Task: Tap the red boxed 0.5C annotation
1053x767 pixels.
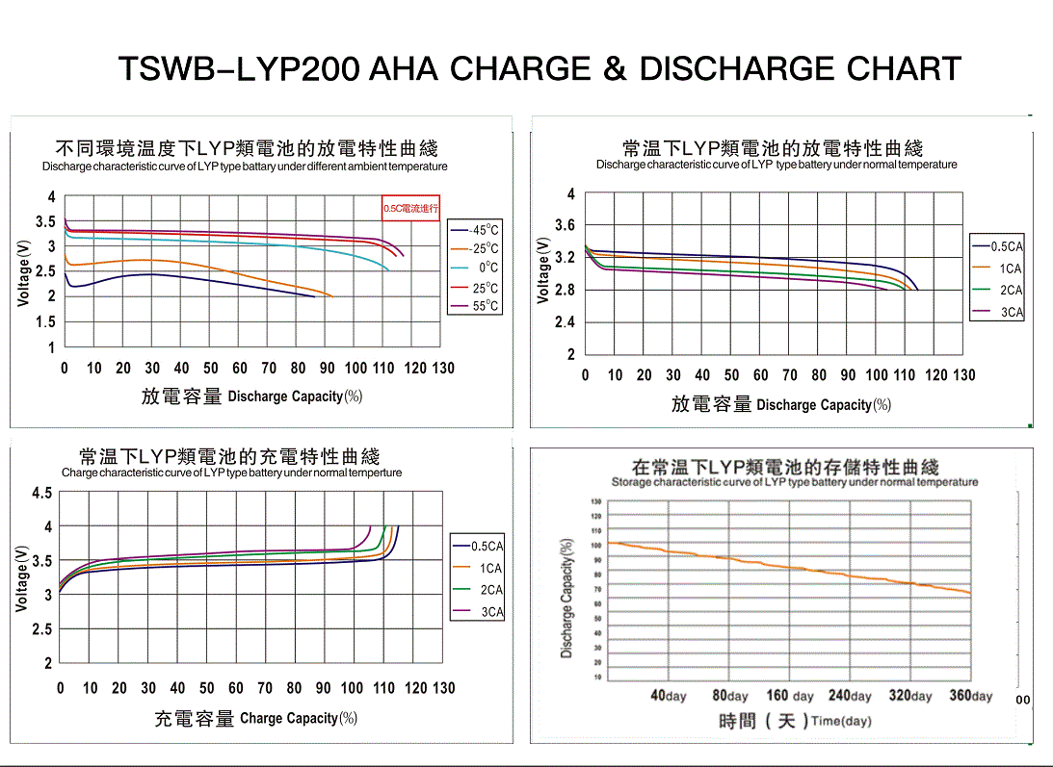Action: click(x=410, y=208)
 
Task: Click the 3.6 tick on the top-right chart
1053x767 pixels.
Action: click(x=565, y=225)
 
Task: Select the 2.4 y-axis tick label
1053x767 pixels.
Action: click(x=565, y=322)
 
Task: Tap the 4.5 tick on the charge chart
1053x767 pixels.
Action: click(x=42, y=494)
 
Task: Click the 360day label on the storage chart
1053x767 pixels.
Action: click(x=970, y=696)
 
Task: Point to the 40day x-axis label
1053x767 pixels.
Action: click(x=669, y=696)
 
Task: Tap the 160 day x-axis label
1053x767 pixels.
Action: click(x=790, y=696)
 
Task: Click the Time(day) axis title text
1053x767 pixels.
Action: click(x=841, y=721)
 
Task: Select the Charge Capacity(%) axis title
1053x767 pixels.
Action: click(x=299, y=718)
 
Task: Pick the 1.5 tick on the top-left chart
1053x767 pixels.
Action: click(x=45, y=322)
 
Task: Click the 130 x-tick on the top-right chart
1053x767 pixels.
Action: click(x=964, y=375)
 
